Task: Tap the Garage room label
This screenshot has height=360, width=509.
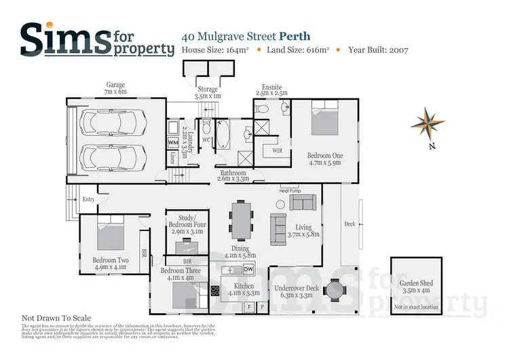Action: click(x=115, y=89)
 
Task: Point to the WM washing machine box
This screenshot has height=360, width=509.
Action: click(x=172, y=143)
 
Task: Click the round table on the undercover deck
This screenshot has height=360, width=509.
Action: click(x=335, y=291)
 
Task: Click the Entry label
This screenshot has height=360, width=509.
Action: click(x=88, y=199)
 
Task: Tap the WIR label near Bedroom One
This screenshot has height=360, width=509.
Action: click(x=277, y=150)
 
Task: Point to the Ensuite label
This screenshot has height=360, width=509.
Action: click(x=271, y=88)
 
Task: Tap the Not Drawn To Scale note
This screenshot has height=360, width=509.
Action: click(x=56, y=317)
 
